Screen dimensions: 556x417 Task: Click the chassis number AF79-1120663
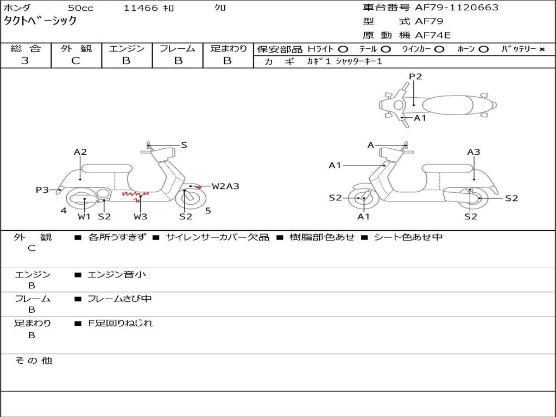(x=457, y=8)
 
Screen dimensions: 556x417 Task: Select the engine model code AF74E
(x=433, y=35)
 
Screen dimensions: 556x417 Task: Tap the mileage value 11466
(x=141, y=8)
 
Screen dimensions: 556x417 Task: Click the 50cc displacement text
(x=80, y=8)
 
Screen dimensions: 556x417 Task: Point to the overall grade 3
(x=25, y=61)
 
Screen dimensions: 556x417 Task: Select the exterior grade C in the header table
(x=76, y=61)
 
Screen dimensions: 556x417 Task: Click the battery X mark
(x=542, y=49)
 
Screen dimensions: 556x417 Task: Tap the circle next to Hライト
(x=343, y=49)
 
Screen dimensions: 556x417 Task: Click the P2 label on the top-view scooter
(x=415, y=77)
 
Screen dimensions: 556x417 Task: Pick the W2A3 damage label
(x=225, y=186)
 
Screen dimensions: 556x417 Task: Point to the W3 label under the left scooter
(x=141, y=216)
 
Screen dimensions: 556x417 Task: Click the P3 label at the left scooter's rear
(x=42, y=190)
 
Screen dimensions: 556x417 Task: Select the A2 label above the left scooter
(x=80, y=152)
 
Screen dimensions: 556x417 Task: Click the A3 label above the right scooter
(x=473, y=152)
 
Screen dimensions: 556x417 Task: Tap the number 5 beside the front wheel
(x=208, y=211)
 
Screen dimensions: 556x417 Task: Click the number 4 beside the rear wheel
(x=64, y=211)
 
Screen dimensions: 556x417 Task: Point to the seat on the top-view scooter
(x=447, y=105)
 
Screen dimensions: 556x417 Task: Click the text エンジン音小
(x=117, y=274)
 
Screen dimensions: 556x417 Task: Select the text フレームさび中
(x=119, y=299)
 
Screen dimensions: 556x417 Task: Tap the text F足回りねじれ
(x=121, y=323)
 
